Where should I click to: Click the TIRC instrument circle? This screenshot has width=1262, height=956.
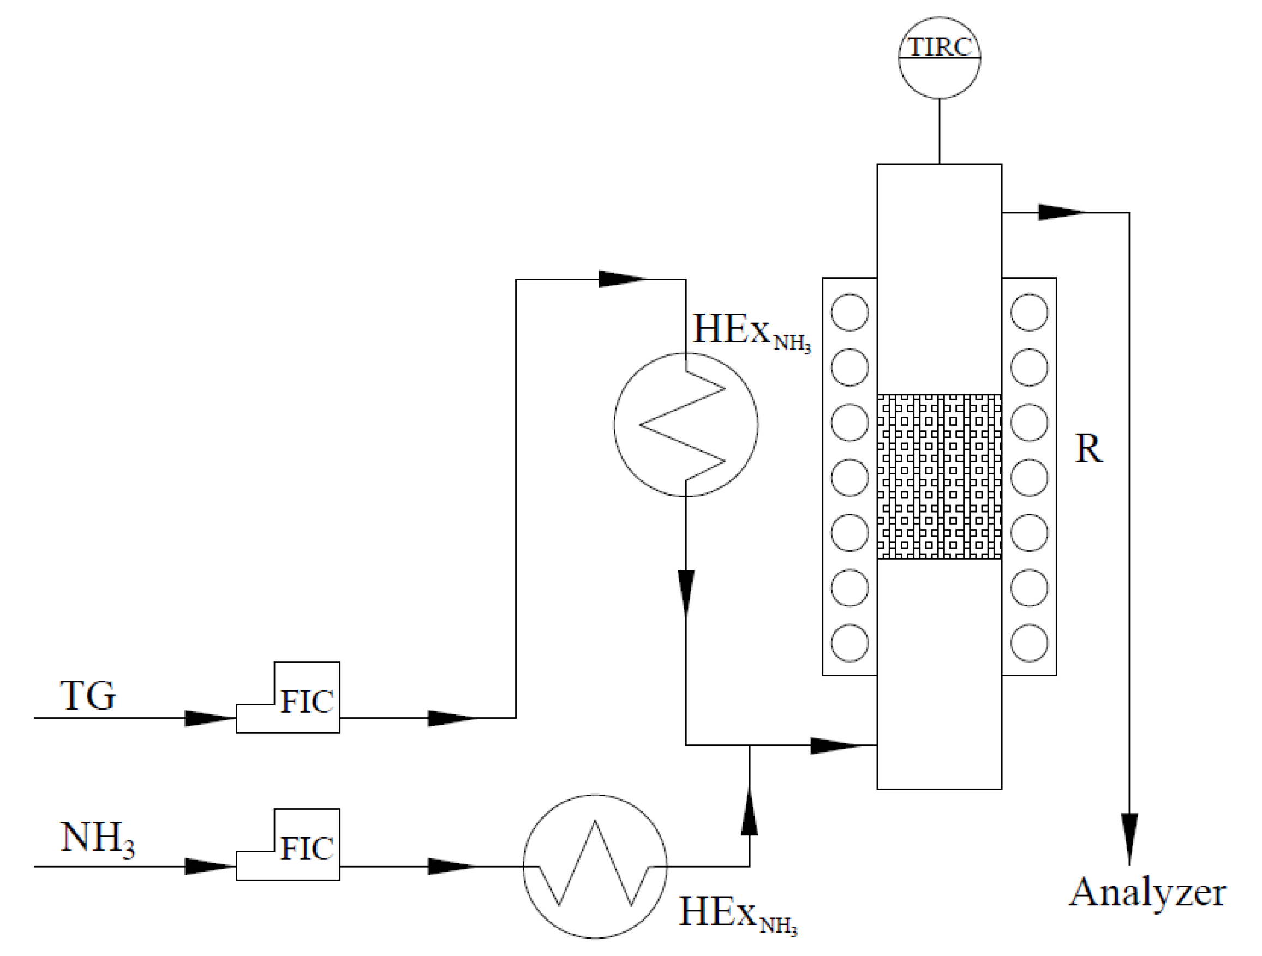coord(939,58)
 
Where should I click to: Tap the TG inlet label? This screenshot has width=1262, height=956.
coord(88,695)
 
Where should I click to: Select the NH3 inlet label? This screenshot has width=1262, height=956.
coord(97,839)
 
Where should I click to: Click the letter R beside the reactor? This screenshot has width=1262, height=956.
coord(1088,449)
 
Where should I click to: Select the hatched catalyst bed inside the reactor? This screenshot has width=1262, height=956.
coord(939,476)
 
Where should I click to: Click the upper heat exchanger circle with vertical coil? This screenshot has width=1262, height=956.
coord(686,424)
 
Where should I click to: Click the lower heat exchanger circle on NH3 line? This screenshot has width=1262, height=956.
coord(595,866)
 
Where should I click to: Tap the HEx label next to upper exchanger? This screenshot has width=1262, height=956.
coord(750,332)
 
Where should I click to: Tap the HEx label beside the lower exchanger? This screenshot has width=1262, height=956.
coord(737,913)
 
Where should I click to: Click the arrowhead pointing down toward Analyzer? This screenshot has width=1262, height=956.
coord(1129,837)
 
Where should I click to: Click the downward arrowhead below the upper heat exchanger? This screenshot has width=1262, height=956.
coord(686,592)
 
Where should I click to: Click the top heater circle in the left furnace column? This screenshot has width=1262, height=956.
coord(850,312)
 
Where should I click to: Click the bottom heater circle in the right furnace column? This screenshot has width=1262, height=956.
coord(1029,644)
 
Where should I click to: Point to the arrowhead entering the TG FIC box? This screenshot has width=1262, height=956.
coord(208,718)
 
